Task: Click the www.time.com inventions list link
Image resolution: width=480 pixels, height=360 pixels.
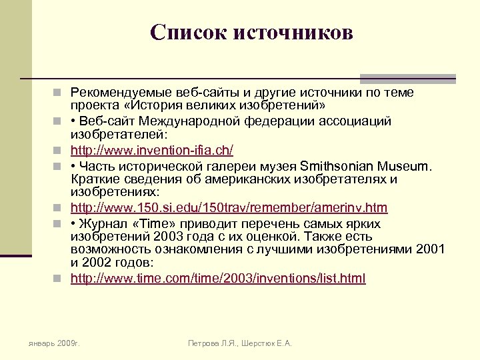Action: coord(218,278)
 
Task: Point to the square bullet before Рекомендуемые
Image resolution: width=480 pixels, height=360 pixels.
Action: coord(61,93)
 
